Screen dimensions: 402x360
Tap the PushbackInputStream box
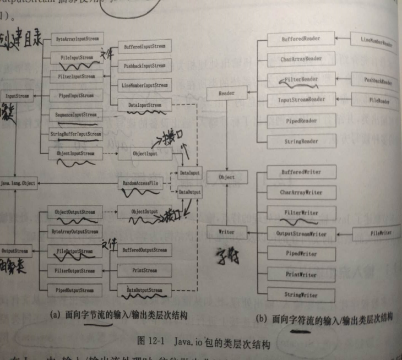point(145,66)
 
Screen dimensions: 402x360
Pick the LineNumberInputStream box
point(145,85)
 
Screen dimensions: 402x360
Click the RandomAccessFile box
point(141,183)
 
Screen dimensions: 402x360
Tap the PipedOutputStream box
point(74,290)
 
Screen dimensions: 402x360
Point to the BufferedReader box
point(301,40)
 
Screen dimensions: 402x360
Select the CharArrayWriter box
point(301,193)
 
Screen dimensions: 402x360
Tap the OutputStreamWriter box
point(301,234)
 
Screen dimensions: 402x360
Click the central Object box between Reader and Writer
point(226,177)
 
